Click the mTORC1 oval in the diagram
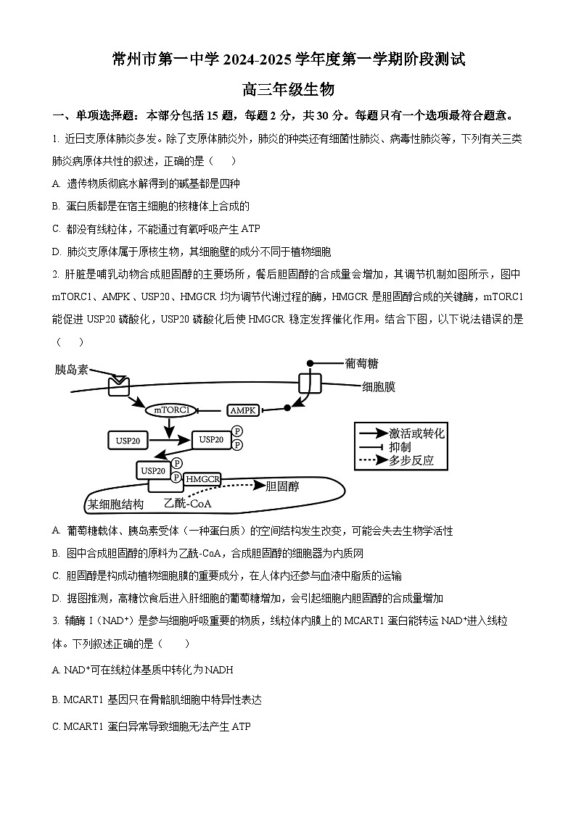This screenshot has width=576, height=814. click(x=172, y=410)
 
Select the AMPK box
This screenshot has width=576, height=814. click(x=243, y=410)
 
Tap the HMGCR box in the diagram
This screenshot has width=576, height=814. click(x=202, y=479)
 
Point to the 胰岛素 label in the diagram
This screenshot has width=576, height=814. click(x=72, y=370)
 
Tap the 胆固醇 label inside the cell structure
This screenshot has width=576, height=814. click(x=283, y=486)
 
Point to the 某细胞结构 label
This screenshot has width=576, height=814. click(x=115, y=504)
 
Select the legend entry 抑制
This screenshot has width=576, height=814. click(x=400, y=447)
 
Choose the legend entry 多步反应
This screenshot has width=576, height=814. click(x=411, y=460)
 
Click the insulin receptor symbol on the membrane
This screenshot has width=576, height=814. click(x=118, y=385)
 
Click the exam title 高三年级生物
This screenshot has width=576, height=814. click(x=288, y=89)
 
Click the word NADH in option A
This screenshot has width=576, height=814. click(x=219, y=670)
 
